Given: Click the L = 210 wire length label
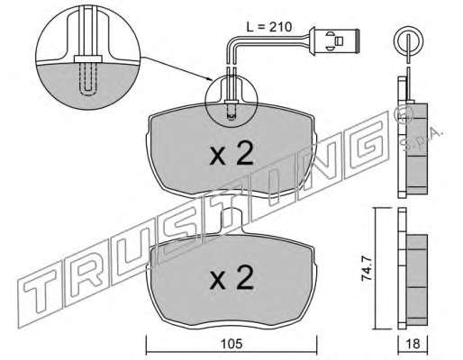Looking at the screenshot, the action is click(x=268, y=27).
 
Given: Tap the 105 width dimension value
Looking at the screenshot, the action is click(x=231, y=344).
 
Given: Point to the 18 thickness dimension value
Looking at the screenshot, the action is click(x=413, y=344).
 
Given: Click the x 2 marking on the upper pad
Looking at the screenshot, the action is click(x=231, y=154).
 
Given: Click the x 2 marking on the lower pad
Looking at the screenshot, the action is click(x=231, y=278).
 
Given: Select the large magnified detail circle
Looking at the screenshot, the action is click(x=88, y=58).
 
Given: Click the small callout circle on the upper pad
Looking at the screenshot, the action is click(x=231, y=102).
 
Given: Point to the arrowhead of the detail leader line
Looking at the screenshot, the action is click(x=211, y=79).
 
